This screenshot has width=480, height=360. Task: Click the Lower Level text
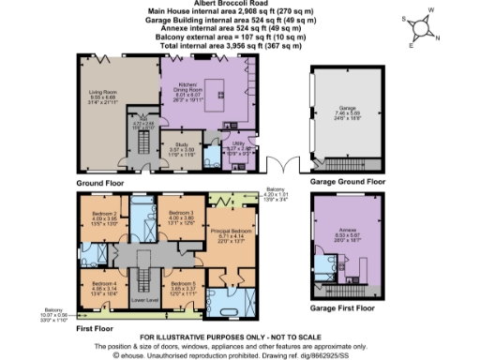(143, 300)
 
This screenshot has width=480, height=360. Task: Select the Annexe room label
(345, 240)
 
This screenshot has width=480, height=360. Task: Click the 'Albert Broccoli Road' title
(239, 5)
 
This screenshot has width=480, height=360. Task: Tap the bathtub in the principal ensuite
(252, 304)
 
